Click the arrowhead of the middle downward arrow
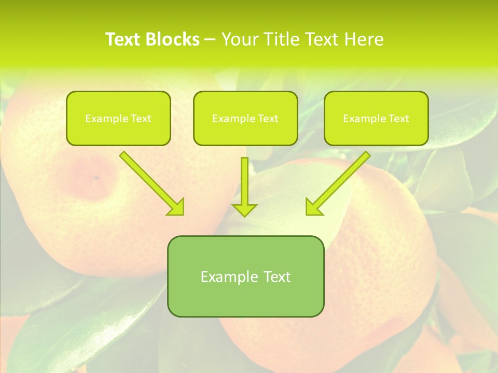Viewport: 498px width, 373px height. click(x=244, y=209)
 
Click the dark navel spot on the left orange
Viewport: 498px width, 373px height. click(x=96, y=178)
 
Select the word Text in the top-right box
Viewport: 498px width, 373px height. click(x=399, y=119)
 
